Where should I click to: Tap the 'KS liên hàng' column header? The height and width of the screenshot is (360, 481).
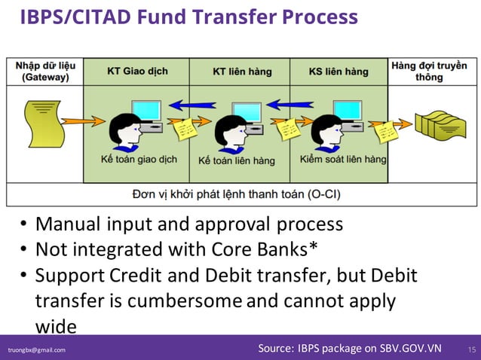click(339, 72)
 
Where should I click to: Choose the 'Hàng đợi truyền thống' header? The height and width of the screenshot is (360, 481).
click(429, 72)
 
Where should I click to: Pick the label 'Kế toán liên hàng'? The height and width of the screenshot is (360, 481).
click(237, 160)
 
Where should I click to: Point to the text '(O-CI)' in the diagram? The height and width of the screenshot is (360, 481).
click(324, 194)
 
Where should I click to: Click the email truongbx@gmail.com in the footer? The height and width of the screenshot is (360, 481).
click(37, 350)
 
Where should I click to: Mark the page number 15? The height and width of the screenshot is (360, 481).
click(472, 349)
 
